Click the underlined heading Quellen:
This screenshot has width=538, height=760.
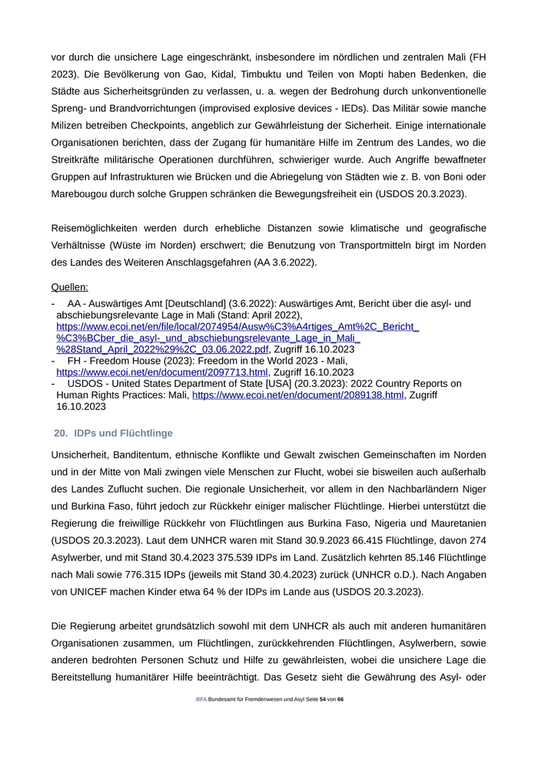[x=69, y=287]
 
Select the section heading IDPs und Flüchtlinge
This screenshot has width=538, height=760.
[x=124, y=433]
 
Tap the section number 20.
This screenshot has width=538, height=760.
[x=60, y=433]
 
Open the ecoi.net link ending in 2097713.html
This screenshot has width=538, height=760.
[x=162, y=372]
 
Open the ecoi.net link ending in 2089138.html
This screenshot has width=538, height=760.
[x=298, y=395]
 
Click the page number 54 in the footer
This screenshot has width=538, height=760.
[x=323, y=700]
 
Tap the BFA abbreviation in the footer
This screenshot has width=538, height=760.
[x=201, y=700]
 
